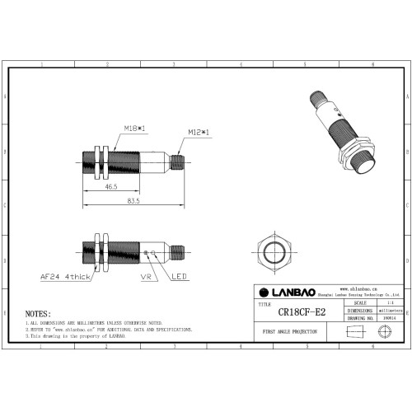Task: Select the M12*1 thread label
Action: pyautogui.click(x=198, y=132)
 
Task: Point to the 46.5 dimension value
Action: pyautogui.click(x=110, y=188)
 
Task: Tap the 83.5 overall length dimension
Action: pyautogui.click(x=132, y=200)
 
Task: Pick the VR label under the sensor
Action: pyautogui.click(x=146, y=277)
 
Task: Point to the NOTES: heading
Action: pyautogui.click(x=38, y=314)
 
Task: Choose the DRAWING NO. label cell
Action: pyautogui.click(x=362, y=316)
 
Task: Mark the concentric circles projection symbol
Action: pyautogui.click(x=382, y=331)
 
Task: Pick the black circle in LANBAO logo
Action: pyautogui.click(x=265, y=293)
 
